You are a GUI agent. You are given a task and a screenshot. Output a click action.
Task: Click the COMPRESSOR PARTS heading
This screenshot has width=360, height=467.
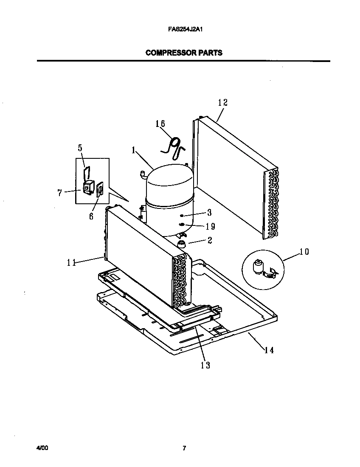[x=183, y=53]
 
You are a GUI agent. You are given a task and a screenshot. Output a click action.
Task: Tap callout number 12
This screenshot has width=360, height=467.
[x=223, y=103]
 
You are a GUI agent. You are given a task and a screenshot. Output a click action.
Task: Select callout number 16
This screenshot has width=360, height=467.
[x=160, y=124]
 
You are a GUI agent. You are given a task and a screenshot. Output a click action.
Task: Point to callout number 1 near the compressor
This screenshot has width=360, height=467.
[x=133, y=150]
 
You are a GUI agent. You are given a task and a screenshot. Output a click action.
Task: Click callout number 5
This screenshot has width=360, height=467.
[x=80, y=148]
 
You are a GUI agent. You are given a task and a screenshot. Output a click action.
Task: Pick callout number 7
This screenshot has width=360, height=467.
[x=60, y=193]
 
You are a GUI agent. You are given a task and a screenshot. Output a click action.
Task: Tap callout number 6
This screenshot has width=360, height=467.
[x=91, y=216]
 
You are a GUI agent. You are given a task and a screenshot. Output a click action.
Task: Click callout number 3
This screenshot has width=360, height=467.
[x=209, y=213]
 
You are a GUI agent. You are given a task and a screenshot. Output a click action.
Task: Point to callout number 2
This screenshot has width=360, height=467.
[x=209, y=241]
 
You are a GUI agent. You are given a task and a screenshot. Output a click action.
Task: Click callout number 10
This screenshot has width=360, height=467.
[x=304, y=252]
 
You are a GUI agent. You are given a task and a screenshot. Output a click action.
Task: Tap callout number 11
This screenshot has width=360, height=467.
[x=71, y=262]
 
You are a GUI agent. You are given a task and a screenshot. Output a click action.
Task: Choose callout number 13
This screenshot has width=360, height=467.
[x=205, y=365]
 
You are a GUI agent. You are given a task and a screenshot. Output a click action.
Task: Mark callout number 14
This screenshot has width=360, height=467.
[x=269, y=350]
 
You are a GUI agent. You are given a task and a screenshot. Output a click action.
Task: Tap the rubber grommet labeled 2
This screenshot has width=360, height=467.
[x=182, y=244]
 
